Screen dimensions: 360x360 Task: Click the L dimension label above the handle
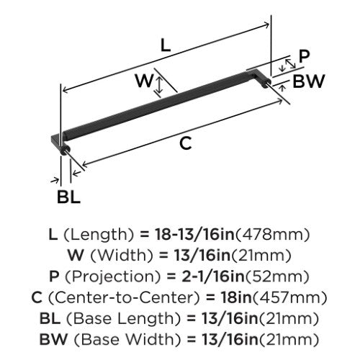pos(166,45)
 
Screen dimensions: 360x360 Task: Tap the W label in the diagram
pos(144,81)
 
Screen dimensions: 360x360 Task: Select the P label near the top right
pos(305,57)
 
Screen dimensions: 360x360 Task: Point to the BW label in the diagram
pos(309,81)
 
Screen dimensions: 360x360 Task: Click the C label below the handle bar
pos(186,143)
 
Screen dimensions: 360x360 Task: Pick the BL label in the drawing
pos(68,197)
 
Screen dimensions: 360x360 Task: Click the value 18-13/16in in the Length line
pos(194,234)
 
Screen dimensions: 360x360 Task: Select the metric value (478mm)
pos(272,235)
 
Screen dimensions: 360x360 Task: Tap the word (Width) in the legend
pos(122,256)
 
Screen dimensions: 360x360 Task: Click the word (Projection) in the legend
pos(112,276)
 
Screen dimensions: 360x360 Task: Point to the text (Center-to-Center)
pos(124,297)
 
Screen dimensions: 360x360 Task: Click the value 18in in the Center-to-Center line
pos(236,297)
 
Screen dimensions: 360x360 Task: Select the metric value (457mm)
pos(289,297)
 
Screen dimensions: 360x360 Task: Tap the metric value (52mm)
pos(277,276)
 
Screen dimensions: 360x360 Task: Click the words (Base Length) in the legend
pos(123,319)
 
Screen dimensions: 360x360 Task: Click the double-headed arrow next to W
pos(159,85)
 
